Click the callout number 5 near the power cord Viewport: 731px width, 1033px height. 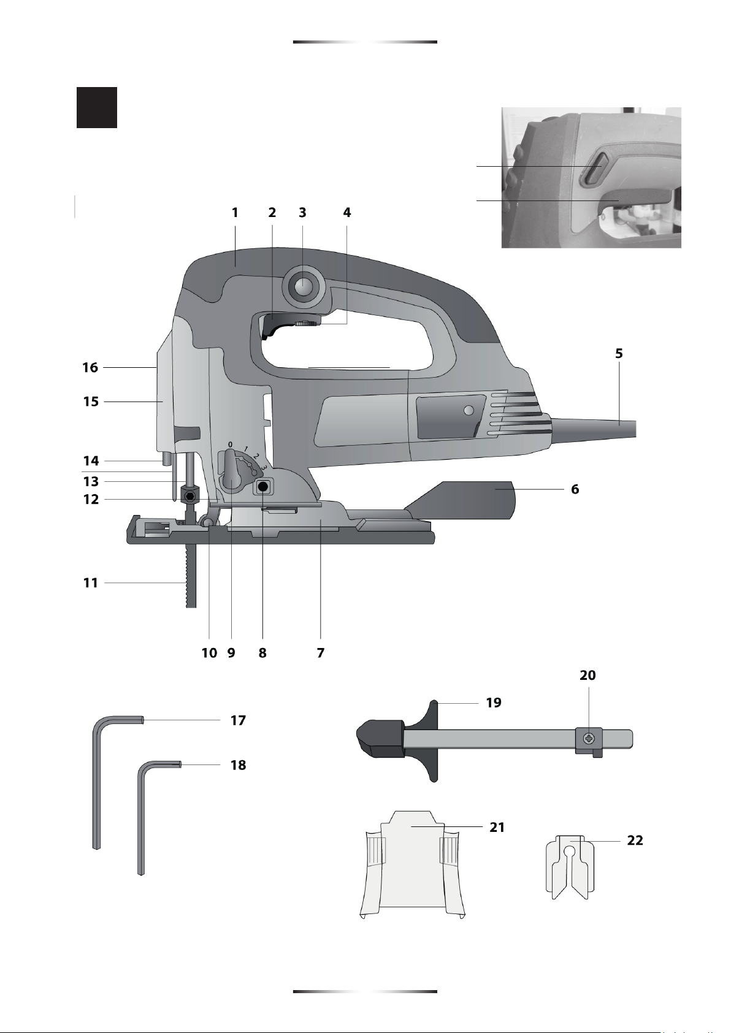[619, 354]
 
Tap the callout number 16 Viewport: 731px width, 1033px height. [90, 368]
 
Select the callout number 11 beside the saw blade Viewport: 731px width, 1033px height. [90, 583]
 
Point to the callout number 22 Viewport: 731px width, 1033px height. [635, 841]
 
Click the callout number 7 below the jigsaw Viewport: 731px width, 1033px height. [321, 653]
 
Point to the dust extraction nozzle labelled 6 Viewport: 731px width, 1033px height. [461, 500]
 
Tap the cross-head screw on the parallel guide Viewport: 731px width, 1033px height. [589, 739]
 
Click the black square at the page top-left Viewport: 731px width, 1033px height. [97, 107]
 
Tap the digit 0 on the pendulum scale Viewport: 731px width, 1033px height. [230, 444]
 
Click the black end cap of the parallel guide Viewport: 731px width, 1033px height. [380, 738]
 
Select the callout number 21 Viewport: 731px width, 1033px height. [497, 828]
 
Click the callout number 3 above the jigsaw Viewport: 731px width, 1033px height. [302, 213]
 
